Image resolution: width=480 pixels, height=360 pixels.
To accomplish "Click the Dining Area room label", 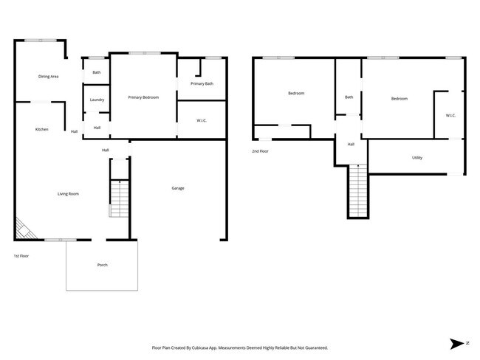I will coord(49,76).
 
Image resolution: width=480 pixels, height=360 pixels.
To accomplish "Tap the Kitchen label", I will coord(42,129).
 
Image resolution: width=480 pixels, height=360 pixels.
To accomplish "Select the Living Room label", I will coord(68,194).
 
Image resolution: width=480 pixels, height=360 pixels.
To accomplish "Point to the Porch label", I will coord(102,265).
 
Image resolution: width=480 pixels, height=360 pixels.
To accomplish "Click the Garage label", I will coord(178,188).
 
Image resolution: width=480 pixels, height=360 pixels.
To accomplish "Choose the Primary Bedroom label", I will coord(143,97).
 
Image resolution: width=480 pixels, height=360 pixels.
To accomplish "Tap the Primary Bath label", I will coord(202,84).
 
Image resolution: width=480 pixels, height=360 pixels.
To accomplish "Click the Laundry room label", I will coord(97,100).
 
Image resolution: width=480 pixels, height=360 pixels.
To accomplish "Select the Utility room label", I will coord(417,158).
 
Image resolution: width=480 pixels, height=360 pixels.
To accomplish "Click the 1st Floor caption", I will coord(21,256).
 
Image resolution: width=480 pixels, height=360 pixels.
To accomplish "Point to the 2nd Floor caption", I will coord(260,151).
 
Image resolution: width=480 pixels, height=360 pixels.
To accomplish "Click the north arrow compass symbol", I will coord(458,343).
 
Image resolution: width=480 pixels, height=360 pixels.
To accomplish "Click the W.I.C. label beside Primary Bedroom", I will coord(202,120).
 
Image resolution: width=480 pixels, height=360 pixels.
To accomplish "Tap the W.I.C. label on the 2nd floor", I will coord(450,115).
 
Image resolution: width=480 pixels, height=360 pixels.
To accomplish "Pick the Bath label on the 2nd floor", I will coord(349,97).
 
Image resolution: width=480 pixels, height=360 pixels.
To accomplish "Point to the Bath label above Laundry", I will coord(97,72).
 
